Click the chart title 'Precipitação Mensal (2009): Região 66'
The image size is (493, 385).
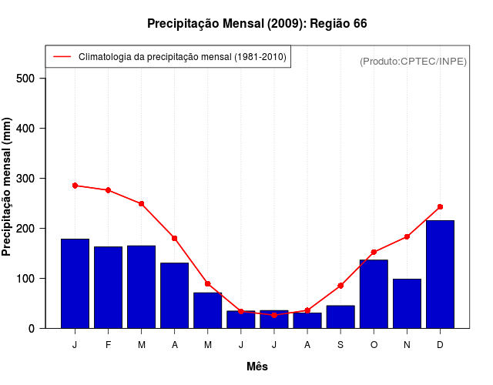tap(257, 24)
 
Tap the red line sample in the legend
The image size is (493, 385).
tap(62, 56)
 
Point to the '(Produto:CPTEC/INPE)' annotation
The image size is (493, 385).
tap(413, 61)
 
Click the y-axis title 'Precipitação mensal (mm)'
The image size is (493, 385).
tap(8, 186)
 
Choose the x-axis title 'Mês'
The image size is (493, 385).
tap(257, 367)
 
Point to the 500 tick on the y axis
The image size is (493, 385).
tap(30, 79)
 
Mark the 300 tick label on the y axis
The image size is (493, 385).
tap(30, 179)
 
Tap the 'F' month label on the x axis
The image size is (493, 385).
tap(108, 345)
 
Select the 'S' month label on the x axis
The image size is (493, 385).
tap(340, 345)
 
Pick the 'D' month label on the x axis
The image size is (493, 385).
tap(440, 345)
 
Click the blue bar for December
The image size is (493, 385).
tap(440, 274)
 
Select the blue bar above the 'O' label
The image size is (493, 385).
tap(374, 294)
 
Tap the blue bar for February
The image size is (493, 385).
tap(108, 287)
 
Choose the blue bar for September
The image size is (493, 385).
tap(340, 316)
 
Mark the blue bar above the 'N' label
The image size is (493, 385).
tap(407, 303)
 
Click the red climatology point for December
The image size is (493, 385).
tap(440, 206)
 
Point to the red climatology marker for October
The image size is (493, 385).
tap(374, 252)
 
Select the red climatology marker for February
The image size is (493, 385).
tap(108, 190)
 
